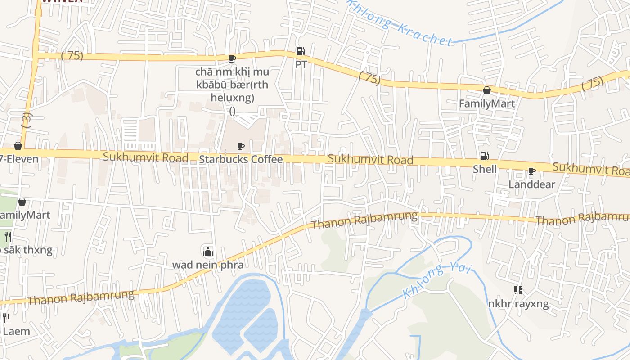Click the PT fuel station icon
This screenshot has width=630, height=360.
[301, 51]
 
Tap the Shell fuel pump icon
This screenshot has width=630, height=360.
[485, 156]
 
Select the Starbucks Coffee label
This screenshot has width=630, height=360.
[241, 159]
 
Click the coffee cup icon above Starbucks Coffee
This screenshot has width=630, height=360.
[241, 146]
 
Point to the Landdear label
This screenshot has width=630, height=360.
[531, 184]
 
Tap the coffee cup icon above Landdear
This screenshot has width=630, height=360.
[531, 171]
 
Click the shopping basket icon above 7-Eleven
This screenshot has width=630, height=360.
[18, 146]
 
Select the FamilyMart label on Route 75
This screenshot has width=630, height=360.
[486, 103]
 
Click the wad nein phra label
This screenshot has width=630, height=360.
[207, 265]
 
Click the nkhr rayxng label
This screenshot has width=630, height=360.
[518, 304]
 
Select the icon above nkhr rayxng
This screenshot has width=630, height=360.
[518, 290]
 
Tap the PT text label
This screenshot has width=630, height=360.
[301, 64]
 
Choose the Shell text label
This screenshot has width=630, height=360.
[485, 169]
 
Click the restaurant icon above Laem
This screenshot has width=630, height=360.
[6, 318]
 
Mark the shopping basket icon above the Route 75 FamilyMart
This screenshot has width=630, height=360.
[486, 90]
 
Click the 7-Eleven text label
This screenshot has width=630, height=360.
[19, 159]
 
